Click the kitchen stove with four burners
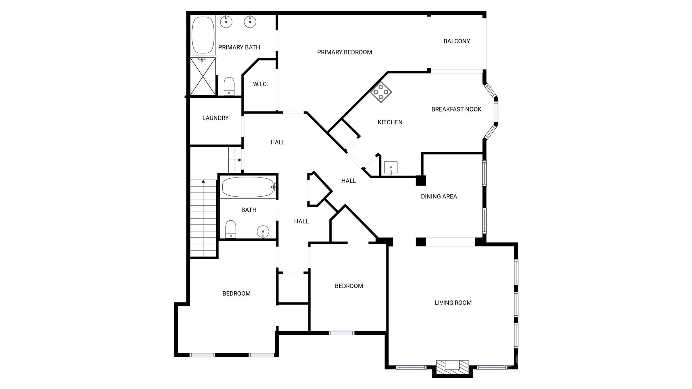pyautogui.click(x=381, y=92)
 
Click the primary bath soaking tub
pyautogui.click(x=203, y=35)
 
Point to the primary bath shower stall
pyautogui.click(x=203, y=76)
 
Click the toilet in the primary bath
pyautogui.click(x=229, y=86)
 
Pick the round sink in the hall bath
pyautogui.click(x=263, y=232)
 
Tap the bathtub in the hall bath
pyautogui.click(x=248, y=187)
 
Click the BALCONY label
pyautogui.click(x=456, y=41)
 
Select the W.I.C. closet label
pyautogui.click(x=260, y=84)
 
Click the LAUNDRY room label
pyautogui.click(x=215, y=118)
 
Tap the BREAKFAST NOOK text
pyautogui.click(x=456, y=109)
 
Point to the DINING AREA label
pyautogui.click(x=439, y=196)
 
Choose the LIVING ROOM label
pyautogui.click(x=453, y=303)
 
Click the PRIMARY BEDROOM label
pyautogui.click(x=344, y=52)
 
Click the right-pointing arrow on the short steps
pyautogui.click(x=239, y=160)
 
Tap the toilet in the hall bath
pyautogui.click(x=231, y=229)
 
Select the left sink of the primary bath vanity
pyautogui.click(x=226, y=22)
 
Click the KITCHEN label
pyautogui.click(x=390, y=122)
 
